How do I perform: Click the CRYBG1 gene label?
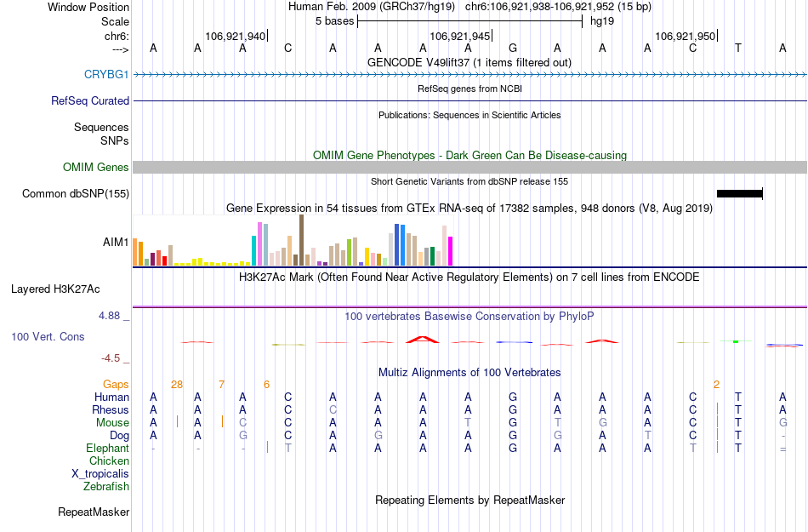pos(106,74)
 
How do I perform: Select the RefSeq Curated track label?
pos(90,100)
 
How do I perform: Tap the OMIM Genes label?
pos(95,167)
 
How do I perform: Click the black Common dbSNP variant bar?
pos(739,193)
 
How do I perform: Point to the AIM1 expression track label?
pos(116,242)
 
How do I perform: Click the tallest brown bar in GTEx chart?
pos(301,240)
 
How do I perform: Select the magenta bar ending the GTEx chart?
pos(451,250)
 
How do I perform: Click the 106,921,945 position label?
pos(460,36)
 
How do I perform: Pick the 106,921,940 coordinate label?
pos(236,36)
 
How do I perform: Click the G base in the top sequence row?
pos(513,48)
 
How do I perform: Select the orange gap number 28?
pos(177,384)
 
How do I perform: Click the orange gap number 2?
pos(716,384)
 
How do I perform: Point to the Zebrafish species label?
pos(106,486)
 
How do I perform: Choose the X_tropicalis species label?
pos(100,473)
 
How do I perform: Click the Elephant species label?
pos(107,448)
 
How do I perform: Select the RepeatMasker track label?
pos(94,512)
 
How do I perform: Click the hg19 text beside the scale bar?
pos(602,20)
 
